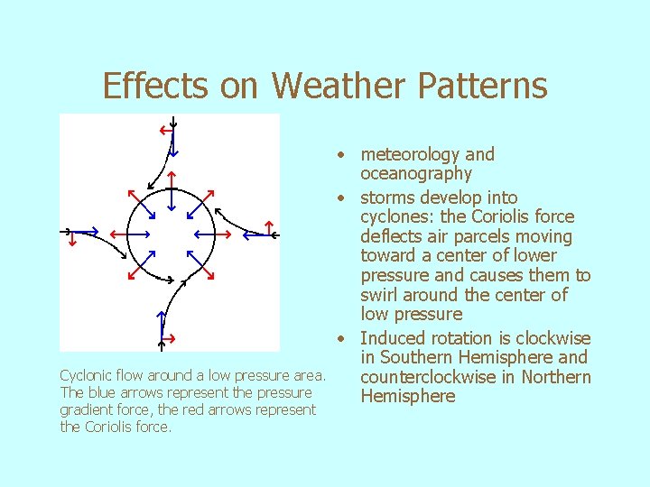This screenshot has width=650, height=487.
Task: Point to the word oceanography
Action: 416,174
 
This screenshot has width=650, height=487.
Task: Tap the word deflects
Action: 393,237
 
